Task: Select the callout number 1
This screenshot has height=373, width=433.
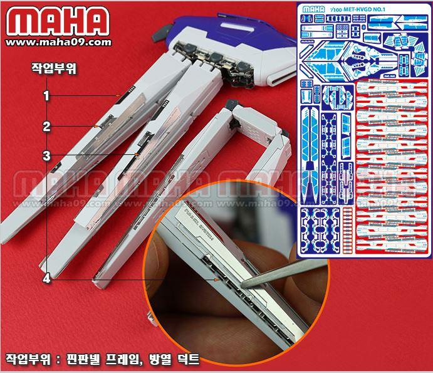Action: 46,96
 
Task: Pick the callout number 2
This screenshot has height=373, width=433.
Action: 46,126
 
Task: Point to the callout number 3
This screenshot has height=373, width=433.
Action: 46,155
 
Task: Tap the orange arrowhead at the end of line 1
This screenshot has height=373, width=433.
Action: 118,95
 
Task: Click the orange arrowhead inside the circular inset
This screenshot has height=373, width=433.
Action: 217,281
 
